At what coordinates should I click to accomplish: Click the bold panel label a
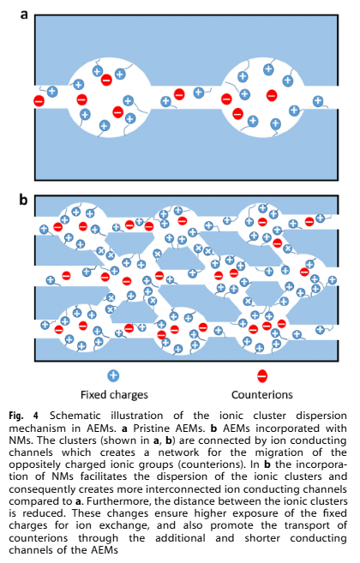point(24,15)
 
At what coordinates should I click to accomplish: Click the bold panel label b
point(23,200)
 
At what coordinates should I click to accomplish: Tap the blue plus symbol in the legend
point(113,376)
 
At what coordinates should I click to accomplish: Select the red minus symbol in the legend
point(262,376)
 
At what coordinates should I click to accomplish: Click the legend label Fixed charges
point(114,395)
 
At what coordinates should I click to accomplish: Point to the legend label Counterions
point(262,395)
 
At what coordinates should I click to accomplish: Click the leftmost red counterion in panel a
point(39,101)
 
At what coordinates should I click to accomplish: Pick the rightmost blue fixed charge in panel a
point(318,101)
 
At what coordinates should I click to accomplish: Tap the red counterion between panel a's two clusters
point(179,94)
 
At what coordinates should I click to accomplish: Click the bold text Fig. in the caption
point(16,416)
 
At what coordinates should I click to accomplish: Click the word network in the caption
point(178,452)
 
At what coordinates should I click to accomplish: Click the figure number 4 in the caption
point(36,416)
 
